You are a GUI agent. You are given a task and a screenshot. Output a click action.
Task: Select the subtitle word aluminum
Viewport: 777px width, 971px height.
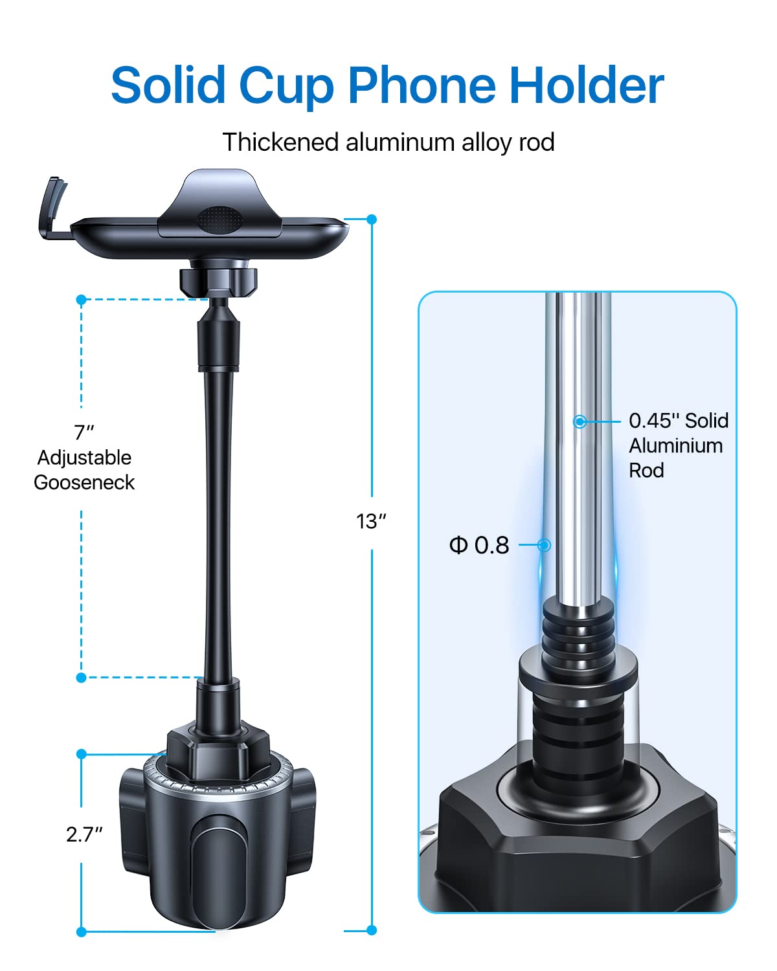(x=400, y=142)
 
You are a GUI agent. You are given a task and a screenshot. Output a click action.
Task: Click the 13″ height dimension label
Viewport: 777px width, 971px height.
(x=370, y=521)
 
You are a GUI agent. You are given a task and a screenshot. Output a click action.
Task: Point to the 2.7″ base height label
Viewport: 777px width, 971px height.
(x=84, y=834)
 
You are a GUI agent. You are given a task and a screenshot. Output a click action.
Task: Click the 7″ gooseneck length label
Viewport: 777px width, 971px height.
(x=84, y=432)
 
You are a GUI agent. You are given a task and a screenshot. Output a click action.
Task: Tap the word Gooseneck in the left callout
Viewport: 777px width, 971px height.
(x=84, y=482)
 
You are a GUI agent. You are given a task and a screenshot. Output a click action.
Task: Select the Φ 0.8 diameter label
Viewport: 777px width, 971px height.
(x=480, y=545)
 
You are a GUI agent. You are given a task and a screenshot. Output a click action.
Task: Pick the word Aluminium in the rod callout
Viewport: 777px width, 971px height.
(x=676, y=446)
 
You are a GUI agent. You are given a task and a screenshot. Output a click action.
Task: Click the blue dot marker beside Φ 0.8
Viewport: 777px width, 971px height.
(x=545, y=545)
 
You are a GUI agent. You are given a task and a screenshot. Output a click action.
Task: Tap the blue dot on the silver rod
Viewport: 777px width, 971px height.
(x=580, y=421)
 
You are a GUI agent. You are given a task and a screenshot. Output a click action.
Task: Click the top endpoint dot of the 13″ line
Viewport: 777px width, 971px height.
(x=372, y=219)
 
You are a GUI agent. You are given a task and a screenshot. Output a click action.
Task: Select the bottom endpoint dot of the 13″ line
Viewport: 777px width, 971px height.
(x=372, y=930)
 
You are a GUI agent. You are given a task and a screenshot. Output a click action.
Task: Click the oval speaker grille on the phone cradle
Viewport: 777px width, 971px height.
(x=220, y=219)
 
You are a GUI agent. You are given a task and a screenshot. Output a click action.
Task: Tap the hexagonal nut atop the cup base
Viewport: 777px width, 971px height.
(x=208, y=751)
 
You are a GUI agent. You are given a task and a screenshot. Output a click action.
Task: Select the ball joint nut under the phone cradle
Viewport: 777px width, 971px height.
(x=218, y=279)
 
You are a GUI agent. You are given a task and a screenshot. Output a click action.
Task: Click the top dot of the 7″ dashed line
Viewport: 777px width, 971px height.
(x=81, y=300)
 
